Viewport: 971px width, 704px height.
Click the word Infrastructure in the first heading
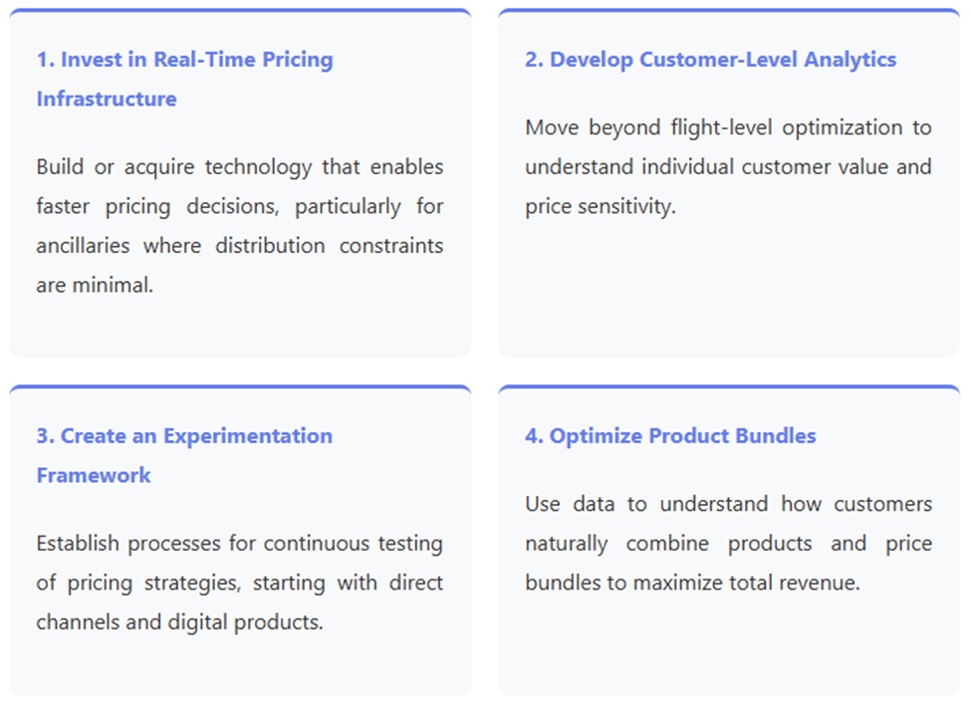pos(107,99)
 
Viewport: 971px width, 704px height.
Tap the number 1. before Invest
pos(45,60)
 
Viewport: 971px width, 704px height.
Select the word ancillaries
pos(83,246)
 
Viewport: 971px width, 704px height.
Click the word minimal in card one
pos(112,285)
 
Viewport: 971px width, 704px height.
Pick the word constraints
pos(391,246)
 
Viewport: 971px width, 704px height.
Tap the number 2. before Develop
pos(535,60)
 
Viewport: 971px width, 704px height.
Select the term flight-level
pos(721,128)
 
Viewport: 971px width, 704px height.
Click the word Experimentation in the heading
pos(248,436)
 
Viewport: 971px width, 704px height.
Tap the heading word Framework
pos(94,476)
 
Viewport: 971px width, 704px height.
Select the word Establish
pos(78,544)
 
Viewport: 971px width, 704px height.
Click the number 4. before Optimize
pos(535,436)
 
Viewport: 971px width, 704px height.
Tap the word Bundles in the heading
pos(776,436)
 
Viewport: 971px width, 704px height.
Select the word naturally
pos(566,545)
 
